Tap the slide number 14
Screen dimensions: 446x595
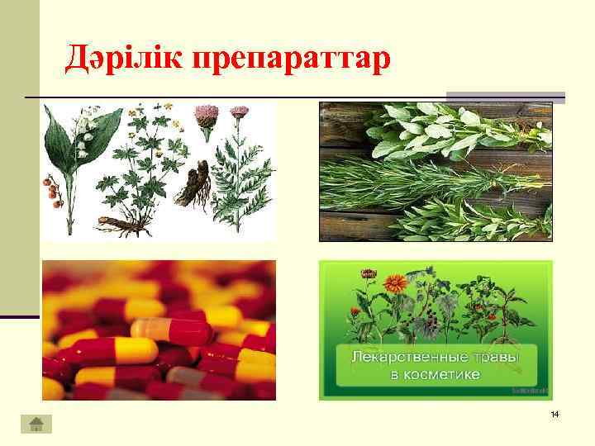[555, 412]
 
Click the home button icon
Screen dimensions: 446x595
[36, 424]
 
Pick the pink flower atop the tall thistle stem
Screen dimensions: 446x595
[240, 111]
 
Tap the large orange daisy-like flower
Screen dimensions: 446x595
[396, 282]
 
